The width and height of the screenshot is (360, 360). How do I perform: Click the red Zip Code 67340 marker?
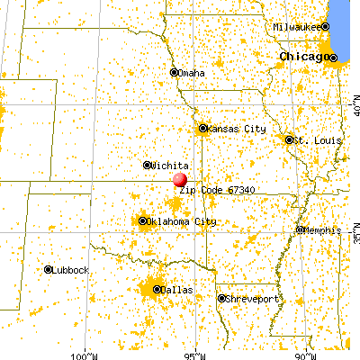point(180,180)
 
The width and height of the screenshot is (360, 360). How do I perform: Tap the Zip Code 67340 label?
point(213,191)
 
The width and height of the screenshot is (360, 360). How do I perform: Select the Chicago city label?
point(302,57)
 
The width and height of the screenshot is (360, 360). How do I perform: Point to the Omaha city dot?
point(175,73)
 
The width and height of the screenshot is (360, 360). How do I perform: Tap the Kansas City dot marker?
point(203,129)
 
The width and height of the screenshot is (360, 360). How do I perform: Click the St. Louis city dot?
point(289,139)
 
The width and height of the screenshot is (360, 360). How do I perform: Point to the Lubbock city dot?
point(47,269)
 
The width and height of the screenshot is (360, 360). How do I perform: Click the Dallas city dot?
point(157,289)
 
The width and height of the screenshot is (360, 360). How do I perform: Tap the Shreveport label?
point(249,299)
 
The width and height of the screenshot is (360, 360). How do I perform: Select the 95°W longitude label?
point(198,352)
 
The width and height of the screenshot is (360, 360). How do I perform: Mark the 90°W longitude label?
point(307,352)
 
